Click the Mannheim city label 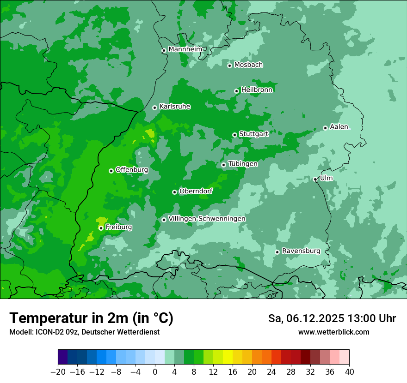click(185, 49)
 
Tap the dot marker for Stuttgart click(234, 135)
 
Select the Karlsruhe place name click(175, 107)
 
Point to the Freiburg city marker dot click(101, 228)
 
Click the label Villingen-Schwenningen click(207, 218)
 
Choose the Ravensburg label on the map click(301, 251)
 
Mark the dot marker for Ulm click(315, 179)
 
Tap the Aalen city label click(339, 127)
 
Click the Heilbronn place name click(257, 90)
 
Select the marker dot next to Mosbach click(229, 66)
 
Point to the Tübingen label click(243, 164)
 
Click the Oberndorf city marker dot click(174, 192)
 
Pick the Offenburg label click(132, 170)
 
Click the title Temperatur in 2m click(91, 318)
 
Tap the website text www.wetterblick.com click(333, 332)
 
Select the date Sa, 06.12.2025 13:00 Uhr click(332, 318)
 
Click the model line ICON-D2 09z click(84, 332)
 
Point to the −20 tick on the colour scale click(58, 372)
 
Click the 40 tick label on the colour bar click(349, 372)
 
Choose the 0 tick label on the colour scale click(155, 372)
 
